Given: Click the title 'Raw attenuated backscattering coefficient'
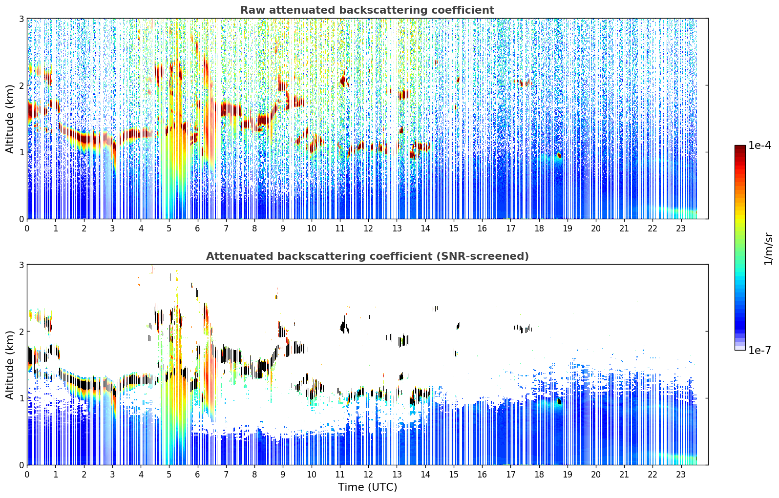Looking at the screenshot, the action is [367, 10].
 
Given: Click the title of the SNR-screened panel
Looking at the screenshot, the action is [367, 256].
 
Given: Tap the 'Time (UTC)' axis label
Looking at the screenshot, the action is [367, 487].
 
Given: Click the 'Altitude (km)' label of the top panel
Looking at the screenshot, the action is [10, 119].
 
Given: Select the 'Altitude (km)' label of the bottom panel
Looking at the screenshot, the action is [10, 365].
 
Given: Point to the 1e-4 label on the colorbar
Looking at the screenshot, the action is [759, 145].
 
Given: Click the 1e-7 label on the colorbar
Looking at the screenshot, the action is [759, 350].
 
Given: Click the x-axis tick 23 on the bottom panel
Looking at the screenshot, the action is [680, 474].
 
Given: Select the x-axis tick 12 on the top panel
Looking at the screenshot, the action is [368, 228].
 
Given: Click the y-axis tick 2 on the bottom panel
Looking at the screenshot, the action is [21, 332].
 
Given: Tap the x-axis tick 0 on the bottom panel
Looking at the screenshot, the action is [27, 474].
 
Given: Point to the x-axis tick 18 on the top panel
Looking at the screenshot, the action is [539, 228].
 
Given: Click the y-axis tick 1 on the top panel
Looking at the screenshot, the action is [21, 152].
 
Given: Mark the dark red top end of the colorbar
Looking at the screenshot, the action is [740, 147].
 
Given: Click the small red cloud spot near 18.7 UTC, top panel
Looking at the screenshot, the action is [559, 155].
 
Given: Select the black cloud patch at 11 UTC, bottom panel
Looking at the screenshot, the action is [344, 327].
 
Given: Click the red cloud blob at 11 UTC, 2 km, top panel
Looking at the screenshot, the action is [344, 81].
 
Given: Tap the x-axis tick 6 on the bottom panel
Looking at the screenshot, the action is [197, 474].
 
